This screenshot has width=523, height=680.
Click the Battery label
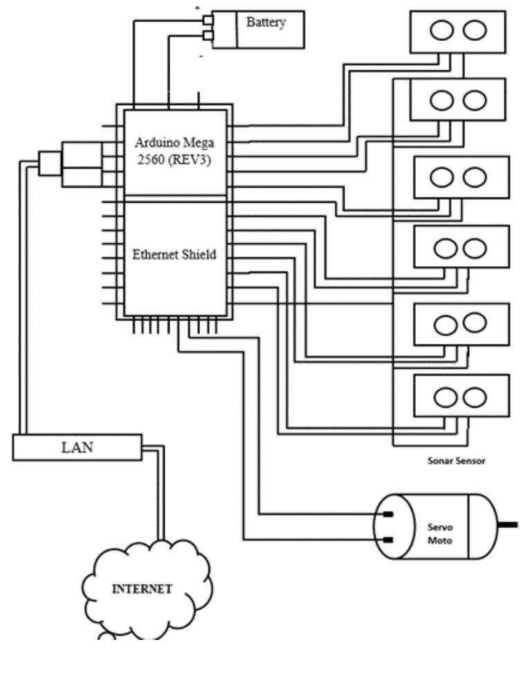[x=266, y=22]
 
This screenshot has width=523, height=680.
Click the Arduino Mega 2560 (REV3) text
[x=175, y=152]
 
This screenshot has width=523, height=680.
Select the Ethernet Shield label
[x=174, y=255]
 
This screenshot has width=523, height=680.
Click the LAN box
[x=77, y=447]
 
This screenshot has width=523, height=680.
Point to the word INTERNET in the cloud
[x=142, y=589]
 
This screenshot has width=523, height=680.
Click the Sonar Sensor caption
[x=457, y=460]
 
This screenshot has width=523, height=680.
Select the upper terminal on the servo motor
[x=389, y=514]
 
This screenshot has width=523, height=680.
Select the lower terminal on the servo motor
[x=389, y=540]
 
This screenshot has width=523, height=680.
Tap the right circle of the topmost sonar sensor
[x=475, y=30]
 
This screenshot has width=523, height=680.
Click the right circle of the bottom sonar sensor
[x=475, y=396]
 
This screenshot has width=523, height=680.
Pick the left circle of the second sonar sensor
[x=442, y=101]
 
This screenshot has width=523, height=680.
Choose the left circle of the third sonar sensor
[x=443, y=177]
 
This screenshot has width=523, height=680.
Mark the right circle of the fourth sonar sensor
[x=474, y=248]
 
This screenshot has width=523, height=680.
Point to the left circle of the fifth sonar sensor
[x=443, y=324]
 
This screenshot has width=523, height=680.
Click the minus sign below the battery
[x=201, y=55]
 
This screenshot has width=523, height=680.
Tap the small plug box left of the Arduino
[x=49, y=164]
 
